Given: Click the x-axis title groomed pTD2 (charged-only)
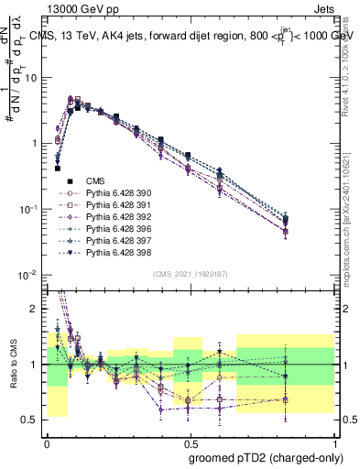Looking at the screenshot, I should click(x=267, y=457).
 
